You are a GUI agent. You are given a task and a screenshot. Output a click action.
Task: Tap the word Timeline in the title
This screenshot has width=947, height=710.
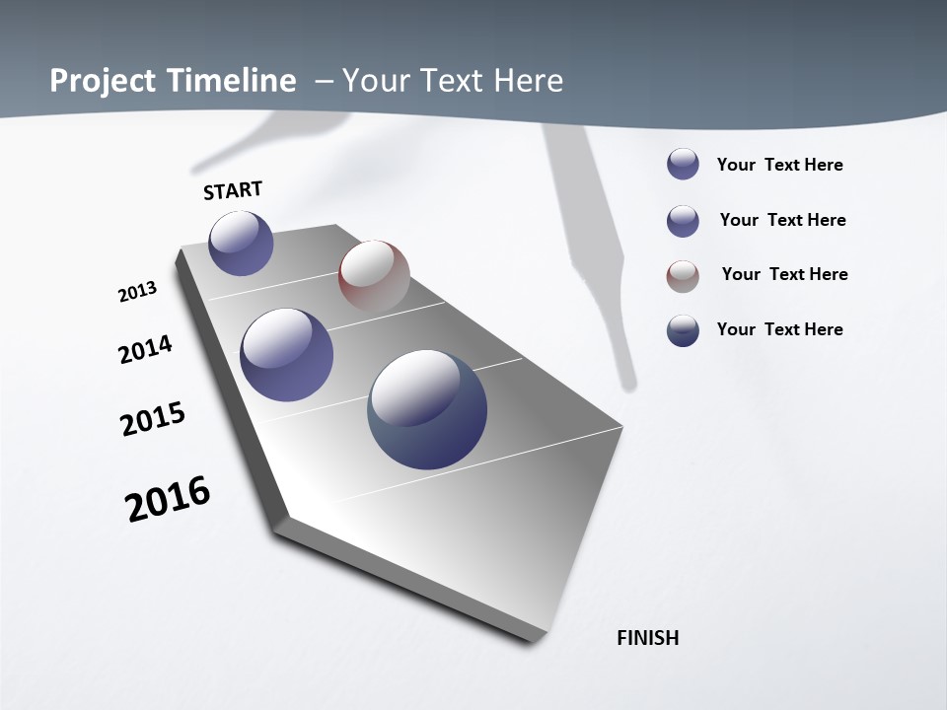(242, 80)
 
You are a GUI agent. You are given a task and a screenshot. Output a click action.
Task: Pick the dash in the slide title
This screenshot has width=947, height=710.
(324, 80)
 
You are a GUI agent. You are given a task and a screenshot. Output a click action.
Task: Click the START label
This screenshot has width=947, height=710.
(233, 190)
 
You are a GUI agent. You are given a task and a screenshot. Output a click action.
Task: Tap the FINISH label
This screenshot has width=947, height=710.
(648, 638)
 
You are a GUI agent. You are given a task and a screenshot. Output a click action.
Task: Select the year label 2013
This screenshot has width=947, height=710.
(137, 292)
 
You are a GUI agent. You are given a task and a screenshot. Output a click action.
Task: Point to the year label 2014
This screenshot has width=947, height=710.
(145, 349)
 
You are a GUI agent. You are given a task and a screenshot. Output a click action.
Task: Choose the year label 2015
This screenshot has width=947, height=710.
(153, 419)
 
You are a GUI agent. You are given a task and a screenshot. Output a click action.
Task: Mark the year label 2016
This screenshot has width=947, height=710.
(168, 499)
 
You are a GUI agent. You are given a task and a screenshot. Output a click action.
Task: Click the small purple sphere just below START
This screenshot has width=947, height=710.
(242, 244)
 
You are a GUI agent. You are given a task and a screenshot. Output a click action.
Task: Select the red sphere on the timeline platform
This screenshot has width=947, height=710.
(374, 276)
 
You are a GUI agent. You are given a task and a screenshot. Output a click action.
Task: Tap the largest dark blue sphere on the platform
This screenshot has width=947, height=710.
(427, 409)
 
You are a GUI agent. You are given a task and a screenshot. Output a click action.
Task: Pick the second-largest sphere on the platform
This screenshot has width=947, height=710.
(287, 355)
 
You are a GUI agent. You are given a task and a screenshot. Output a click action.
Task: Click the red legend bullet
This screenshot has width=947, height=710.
(683, 276)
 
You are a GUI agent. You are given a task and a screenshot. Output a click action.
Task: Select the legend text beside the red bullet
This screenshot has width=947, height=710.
(784, 274)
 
